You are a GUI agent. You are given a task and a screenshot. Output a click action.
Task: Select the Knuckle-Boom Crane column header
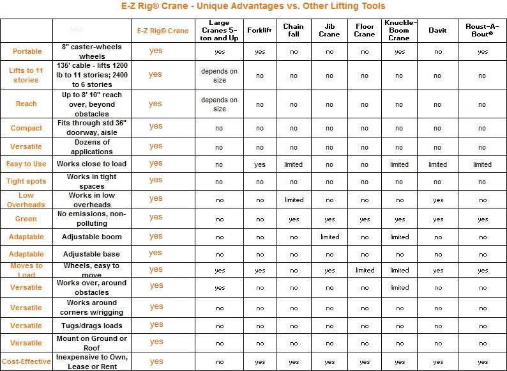coord(399,29)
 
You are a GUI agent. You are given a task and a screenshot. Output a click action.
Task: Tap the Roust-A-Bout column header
coord(482,29)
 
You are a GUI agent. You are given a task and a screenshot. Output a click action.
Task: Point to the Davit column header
coord(437,29)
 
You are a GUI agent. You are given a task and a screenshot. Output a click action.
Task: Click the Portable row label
coord(27,51)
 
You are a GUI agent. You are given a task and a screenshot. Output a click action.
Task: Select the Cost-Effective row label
coord(26,361)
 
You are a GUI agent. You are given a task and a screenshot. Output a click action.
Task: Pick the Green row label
coord(26,219)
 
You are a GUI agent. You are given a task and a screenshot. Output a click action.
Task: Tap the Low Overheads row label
coord(26,200)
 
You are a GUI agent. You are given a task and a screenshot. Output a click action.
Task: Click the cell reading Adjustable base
coord(92,254)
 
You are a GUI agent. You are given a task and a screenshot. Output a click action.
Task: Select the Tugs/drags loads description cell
coord(92,326)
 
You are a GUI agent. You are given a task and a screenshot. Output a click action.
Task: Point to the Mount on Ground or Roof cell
coord(92,343)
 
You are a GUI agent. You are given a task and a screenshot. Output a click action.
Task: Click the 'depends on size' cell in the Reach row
coord(220,104)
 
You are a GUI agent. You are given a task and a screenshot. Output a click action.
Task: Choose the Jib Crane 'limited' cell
coord(329,237)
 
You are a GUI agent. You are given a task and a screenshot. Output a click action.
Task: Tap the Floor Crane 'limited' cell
coord(365,270)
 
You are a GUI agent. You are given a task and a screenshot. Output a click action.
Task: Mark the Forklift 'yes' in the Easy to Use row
coord(259,164)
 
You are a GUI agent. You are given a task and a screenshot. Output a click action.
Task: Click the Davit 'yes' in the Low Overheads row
coord(437,200)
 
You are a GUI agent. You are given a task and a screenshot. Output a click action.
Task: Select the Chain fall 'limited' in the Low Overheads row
coord(294,200)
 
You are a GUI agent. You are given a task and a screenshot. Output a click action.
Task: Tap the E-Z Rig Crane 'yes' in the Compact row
coord(156,126)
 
